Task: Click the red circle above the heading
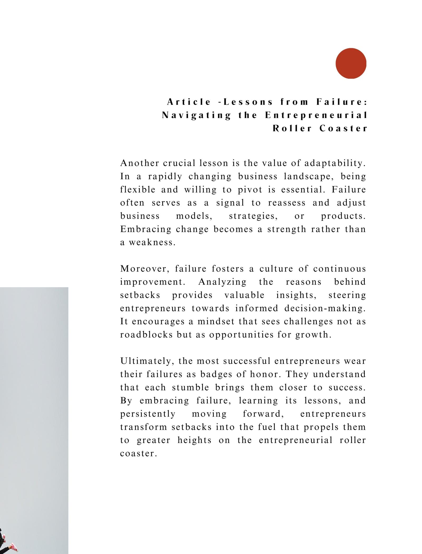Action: pyautogui.click(x=351, y=63)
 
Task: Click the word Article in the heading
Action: pyautogui.click(x=189, y=102)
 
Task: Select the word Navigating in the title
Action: pyautogui.click(x=196, y=115)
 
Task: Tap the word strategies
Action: pyautogui.click(x=253, y=216)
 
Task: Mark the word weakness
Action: pyautogui.click(x=152, y=242)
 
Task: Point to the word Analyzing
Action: pyautogui.click(x=222, y=282)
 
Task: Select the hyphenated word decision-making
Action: pyautogui.click(x=325, y=308)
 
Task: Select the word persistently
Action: pyautogui.click(x=148, y=414)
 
